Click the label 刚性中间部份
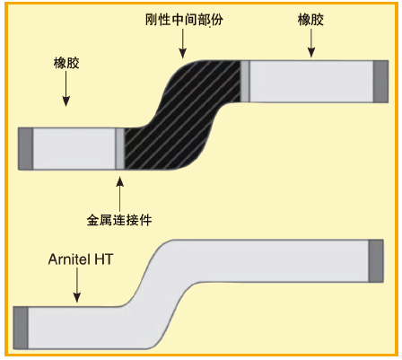pos(184,20)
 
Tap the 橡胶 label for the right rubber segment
pos(310,20)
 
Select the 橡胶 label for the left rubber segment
pos(66,63)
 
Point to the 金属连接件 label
pos(119,220)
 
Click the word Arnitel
pos(70,259)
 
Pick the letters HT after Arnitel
pos(104,259)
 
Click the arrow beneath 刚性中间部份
pos(183,44)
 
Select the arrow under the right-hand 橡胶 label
pos(311,43)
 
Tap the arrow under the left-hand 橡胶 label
pos(66,89)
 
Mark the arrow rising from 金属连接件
pos(119,194)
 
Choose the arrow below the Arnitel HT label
pos(77,285)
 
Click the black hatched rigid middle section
pos(183,115)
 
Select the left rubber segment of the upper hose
pos(74,149)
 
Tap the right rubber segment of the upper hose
pos(311,82)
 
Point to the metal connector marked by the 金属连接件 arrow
pos(120,149)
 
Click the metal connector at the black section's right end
pos(245,82)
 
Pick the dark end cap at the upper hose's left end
pos(26,149)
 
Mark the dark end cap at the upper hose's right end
pos(380,82)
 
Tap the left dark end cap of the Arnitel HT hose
pos(21,328)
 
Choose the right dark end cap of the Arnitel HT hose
pos(376,261)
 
